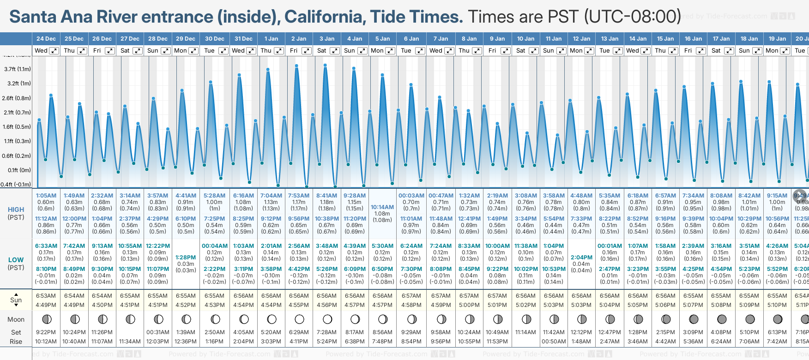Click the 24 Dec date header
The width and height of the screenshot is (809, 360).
46,39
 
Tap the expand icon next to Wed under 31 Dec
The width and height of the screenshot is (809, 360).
251,51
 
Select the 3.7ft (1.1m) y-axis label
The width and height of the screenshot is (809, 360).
18,69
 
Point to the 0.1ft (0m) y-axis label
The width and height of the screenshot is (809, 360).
19,170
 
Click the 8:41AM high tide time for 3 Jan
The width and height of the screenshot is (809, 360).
327,196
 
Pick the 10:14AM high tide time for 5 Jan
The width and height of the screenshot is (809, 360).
382,207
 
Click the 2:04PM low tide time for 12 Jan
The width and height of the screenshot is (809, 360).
581,258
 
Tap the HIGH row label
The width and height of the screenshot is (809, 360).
16,210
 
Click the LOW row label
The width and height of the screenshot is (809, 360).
16,260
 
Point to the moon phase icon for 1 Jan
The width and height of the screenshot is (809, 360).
272,319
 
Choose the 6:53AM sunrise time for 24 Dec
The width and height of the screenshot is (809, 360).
46,296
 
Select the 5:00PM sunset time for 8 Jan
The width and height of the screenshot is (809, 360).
469,305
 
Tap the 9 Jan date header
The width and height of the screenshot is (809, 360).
497,39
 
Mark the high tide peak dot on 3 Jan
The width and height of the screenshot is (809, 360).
326,66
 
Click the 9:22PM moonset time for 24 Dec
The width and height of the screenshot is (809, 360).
46,332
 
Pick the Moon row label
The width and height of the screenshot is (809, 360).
16,319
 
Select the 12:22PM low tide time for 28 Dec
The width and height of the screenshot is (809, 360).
158,246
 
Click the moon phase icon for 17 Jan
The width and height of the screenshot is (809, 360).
722,319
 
